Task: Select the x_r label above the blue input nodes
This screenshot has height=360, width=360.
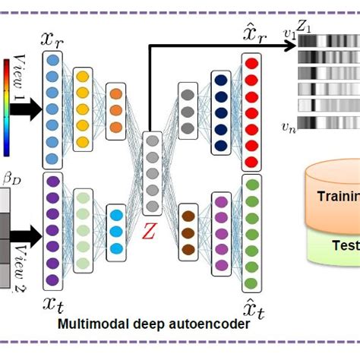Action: coord(53,38)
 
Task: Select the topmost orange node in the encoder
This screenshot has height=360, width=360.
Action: coord(115,94)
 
